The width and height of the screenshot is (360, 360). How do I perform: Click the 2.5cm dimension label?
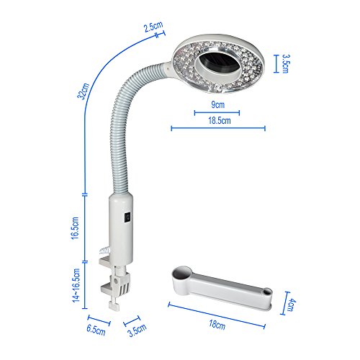tap(153, 26)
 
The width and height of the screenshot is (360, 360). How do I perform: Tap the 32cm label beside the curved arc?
tap(83, 91)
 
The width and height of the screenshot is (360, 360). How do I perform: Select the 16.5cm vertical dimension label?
tap(75, 228)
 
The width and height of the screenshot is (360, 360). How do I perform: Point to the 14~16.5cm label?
tap(76, 286)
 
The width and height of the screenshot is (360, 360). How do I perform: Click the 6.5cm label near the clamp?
tap(96, 330)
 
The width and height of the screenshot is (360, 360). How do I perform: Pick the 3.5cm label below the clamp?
tap(137, 330)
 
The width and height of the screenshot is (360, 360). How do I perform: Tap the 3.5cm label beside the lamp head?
tap(286, 63)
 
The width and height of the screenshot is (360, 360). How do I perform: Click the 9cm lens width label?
tap(217, 104)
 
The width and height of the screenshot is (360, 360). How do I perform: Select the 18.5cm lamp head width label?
tap(220, 120)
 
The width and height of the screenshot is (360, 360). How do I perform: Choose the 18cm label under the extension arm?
tap(217, 325)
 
